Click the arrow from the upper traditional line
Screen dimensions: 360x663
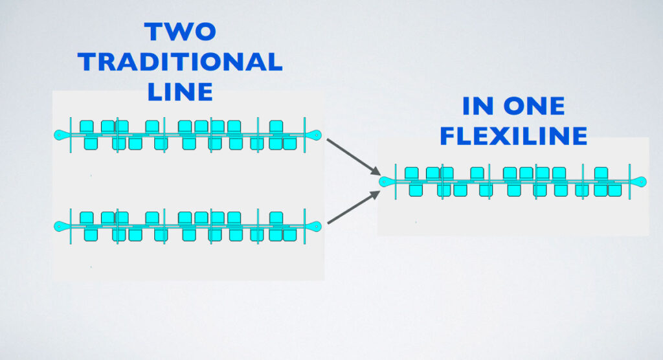point(353,155)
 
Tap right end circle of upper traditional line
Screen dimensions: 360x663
point(316,135)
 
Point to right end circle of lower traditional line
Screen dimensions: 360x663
point(316,226)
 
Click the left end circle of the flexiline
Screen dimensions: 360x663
point(384,182)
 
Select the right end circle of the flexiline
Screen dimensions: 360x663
point(641,182)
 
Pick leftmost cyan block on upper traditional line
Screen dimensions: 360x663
point(86,127)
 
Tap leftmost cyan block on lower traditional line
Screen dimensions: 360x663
point(86,218)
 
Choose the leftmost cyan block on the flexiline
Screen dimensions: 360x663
point(411,174)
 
